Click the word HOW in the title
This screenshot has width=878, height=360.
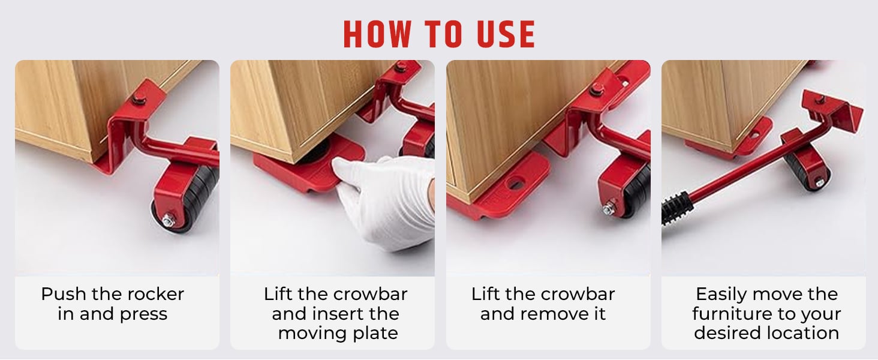coord(378,34)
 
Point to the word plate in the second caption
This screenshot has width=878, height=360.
coord(375,334)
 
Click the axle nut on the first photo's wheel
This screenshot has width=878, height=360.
coord(169,221)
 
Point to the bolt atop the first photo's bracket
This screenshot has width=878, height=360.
coord(138,98)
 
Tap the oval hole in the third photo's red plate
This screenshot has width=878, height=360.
coord(516,183)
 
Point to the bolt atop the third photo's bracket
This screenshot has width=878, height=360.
coord(596,89)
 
